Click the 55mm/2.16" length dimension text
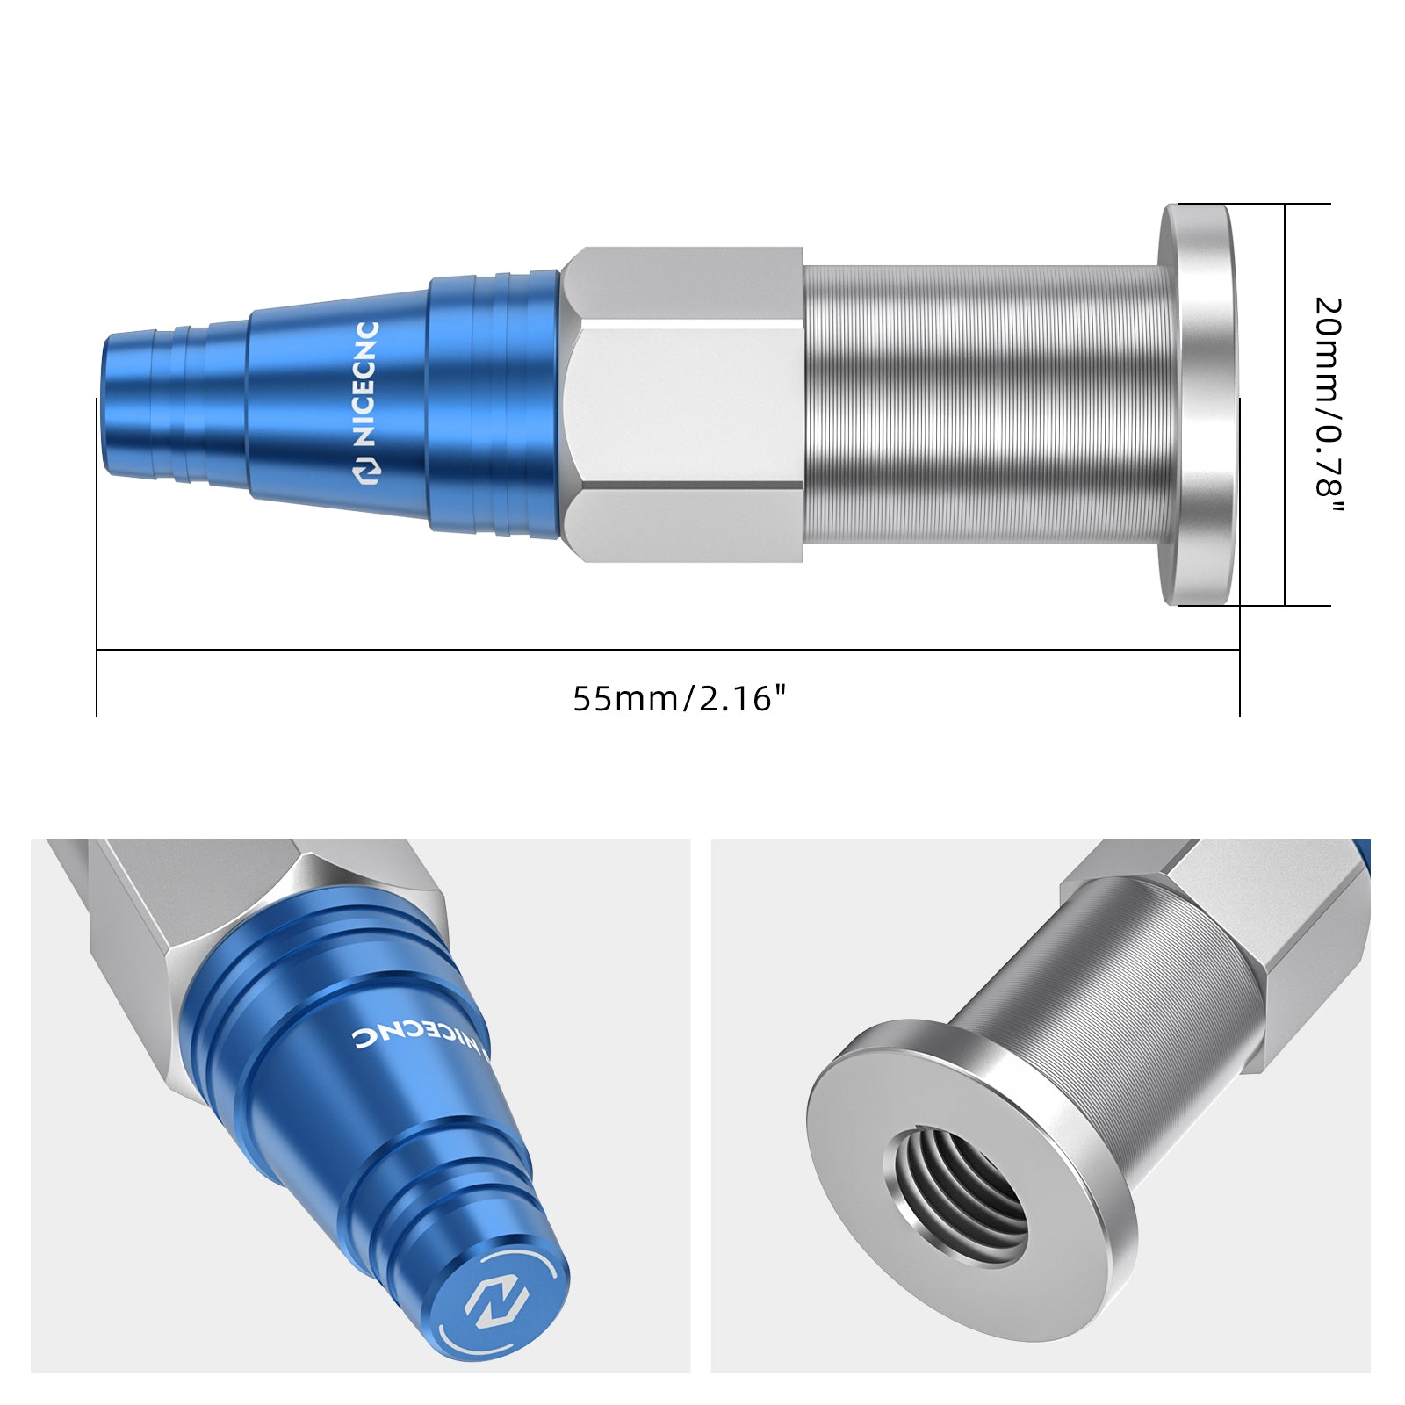pos(680,699)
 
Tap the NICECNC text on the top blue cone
pos(366,384)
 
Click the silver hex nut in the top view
pos(682,404)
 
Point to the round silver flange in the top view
pos(1199,404)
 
